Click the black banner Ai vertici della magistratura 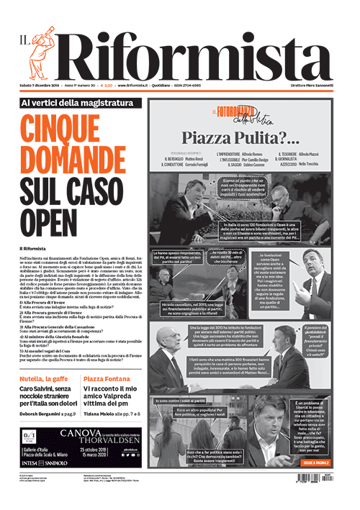click(x=78, y=103)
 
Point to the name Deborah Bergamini click(x=40, y=414)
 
